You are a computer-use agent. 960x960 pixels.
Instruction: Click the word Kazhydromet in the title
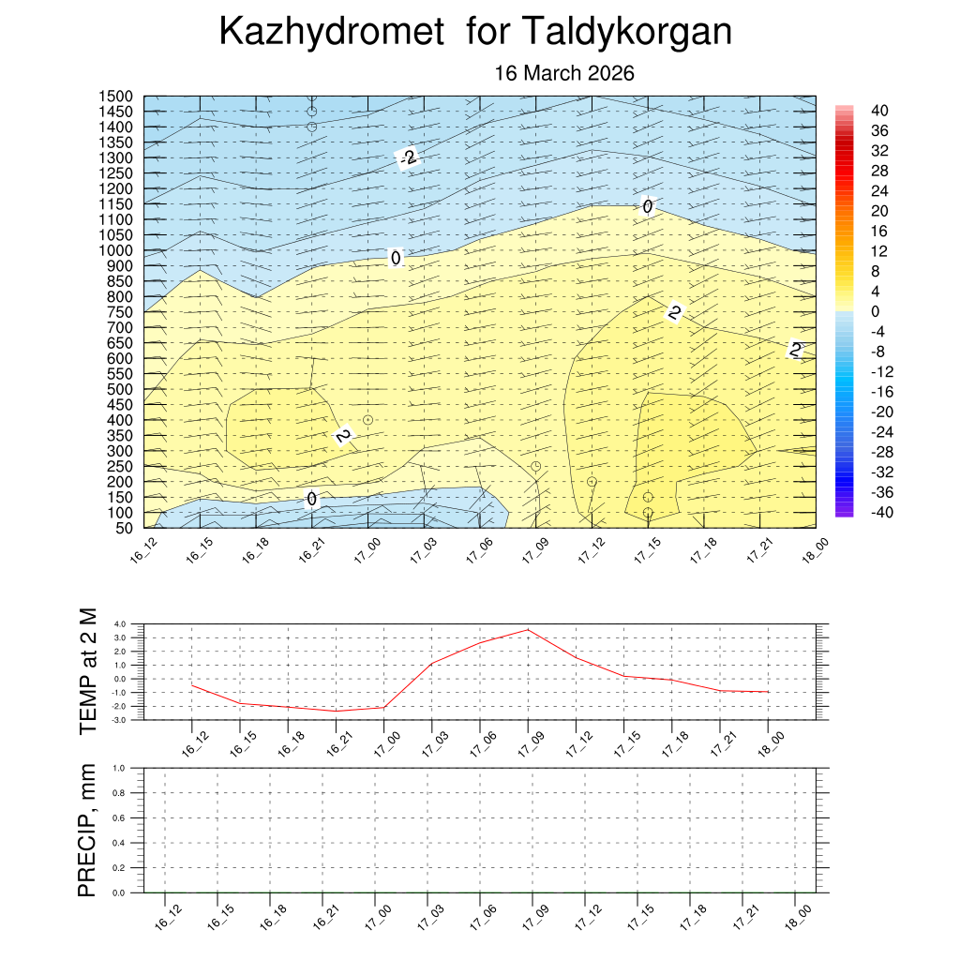click(331, 33)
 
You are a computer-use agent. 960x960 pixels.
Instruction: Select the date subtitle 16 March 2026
click(564, 73)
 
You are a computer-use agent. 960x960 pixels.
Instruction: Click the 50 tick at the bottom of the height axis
click(123, 528)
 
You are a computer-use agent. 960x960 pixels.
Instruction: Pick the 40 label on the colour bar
click(879, 110)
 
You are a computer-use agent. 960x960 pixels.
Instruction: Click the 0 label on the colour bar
click(875, 311)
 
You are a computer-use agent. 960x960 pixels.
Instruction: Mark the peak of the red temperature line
click(528, 629)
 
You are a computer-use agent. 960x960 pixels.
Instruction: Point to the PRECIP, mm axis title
click(87, 830)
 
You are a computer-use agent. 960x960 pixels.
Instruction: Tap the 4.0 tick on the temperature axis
click(119, 623)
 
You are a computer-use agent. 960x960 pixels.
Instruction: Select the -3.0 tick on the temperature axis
click(118, 720)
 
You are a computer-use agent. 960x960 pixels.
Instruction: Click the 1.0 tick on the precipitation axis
click(119, 768)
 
